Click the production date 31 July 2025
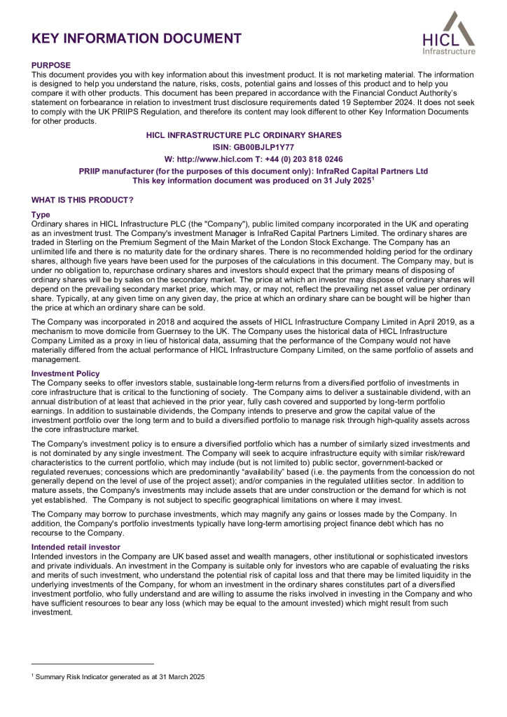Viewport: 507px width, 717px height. [341, 181]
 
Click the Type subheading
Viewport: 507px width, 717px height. [41, 214]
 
